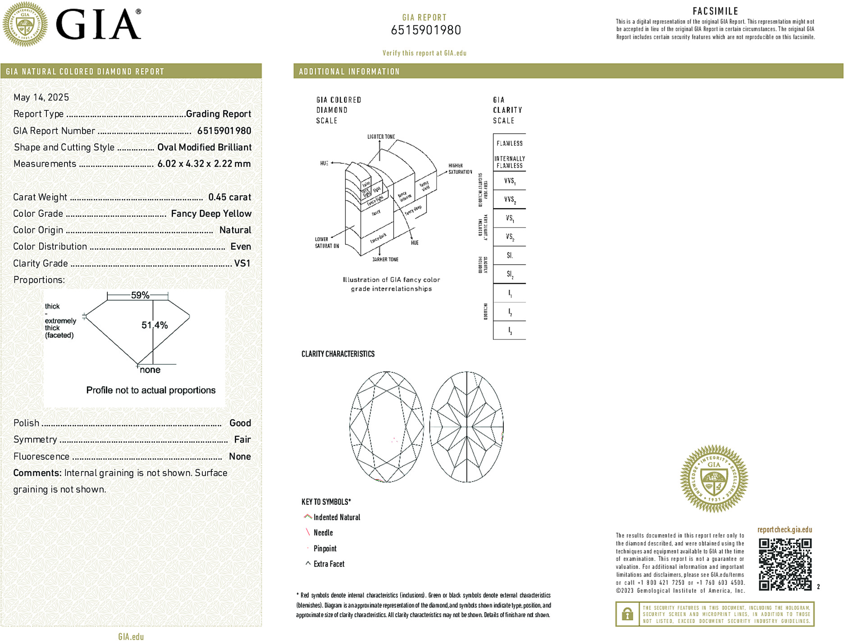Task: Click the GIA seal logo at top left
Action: coord(25,24)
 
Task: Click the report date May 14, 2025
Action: coord(41,97)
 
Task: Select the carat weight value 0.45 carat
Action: coord(229,197)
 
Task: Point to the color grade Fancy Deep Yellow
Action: coord(211,214)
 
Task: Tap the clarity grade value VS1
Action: coord(242,263)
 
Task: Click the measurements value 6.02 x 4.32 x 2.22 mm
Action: coord(204,164)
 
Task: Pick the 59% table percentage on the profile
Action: coord(140,295)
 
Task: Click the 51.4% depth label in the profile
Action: coord(155,325)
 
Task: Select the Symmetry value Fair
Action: coord(242,440)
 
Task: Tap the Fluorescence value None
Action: coord(240,456)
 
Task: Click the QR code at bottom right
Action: coord(785,564)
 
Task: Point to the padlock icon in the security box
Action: coord(627,614)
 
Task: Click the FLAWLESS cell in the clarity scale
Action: coord(510,143)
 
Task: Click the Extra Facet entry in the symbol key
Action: coord(328,564)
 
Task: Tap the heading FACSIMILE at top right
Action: coord(715,11)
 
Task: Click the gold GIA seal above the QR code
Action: coord(714,479)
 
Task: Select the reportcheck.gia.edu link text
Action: coord(785,530)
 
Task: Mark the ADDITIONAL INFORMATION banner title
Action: coord(349,72)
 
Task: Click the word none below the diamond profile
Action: coord(150,370)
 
